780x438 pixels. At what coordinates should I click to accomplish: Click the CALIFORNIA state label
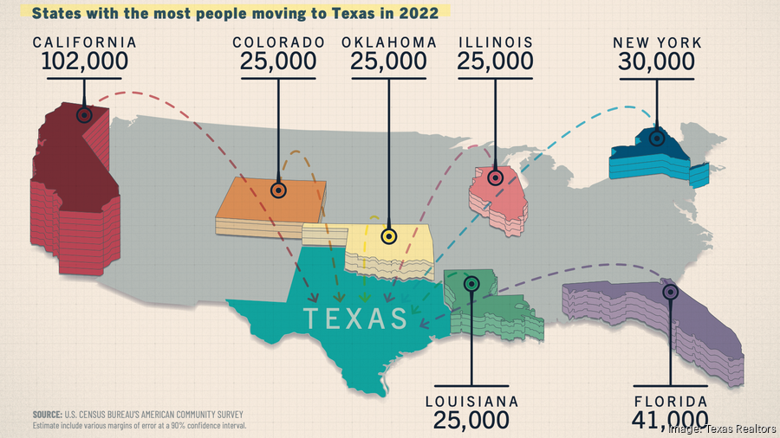pyautogui.click(x=85, y=42)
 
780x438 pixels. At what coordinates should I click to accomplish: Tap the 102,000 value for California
pyautogui.click(x=85, y=61)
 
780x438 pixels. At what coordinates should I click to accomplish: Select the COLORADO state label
pyautogui.click(x=278, y=42)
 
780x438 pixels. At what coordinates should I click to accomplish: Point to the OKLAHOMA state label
pyautogui.click(x=388, y=42)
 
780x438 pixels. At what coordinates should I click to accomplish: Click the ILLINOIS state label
pyautogui.click(x=495, y=42)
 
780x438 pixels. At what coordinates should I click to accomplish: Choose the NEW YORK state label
pyautogui.click(x=657, y=42)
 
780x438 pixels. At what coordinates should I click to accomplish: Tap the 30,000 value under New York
pyautogui.click(x=657, y=61)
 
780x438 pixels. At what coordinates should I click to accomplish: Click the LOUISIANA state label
pyautogui.click(x=471, y=402)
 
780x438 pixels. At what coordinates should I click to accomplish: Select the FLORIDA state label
pyautogui.click(x=670, y=402)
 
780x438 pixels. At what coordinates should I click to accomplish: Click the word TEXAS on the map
pyautogui.click(x=355, y=319)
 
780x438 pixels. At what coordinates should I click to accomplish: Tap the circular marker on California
pyautogui.click(x=84, y=114)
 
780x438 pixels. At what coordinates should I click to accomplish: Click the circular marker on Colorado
pyautogui.click(x=278, y=190)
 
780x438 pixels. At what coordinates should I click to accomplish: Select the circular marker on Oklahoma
pyautogui.click(x=388, y=235)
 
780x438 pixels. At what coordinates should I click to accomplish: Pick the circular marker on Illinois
pyautogui.click(x=495, y=177)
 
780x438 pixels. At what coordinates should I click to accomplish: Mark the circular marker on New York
pyautogui.click(x=657, y=137)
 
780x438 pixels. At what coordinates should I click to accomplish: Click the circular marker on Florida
pyautogui.click(x=670, y=292)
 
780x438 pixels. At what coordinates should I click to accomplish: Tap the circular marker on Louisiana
pyautogui.click(x=471, y=283)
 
